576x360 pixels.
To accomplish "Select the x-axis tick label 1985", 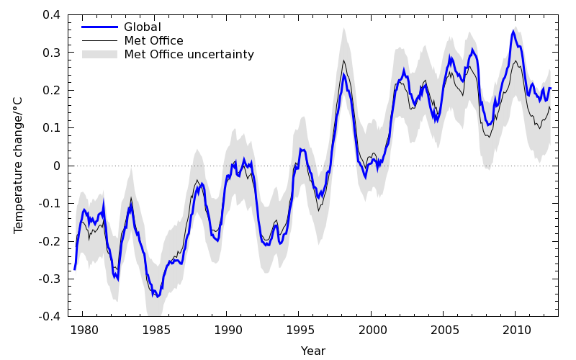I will click(155, 330).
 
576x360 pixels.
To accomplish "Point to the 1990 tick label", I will click(227, 330).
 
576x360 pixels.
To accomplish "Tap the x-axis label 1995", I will click(300, 330).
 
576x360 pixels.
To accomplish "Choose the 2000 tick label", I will click(372, 330).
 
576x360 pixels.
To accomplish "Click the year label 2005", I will click(444, 330).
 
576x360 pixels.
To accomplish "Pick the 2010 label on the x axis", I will click(516, 330).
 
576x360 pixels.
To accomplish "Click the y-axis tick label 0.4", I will click(52, 15).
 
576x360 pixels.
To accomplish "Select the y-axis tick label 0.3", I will click(52, 53).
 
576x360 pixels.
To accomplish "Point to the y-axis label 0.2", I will click(52, 91).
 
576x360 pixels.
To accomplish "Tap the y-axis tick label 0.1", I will click(52, 128).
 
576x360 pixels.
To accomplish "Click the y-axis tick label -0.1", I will click(50, 204).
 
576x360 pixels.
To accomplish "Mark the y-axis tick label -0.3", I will click(50, 279).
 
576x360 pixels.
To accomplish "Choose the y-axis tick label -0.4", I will click(50, 317).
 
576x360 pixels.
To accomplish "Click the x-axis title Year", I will click(313, 351).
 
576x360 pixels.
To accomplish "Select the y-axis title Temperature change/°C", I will click(19, 166).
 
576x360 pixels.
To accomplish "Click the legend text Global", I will click(143, 27).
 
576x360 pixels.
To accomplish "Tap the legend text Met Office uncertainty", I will click(189, 54).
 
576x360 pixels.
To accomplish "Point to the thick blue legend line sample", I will click(99, 27).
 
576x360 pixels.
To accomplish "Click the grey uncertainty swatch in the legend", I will click(99, 54).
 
